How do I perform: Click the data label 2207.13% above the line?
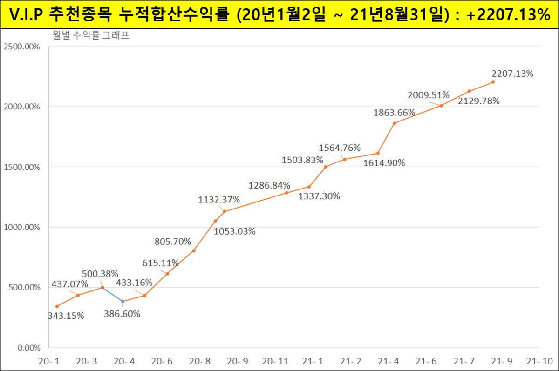click(512, 74)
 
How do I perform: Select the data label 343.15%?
click(66, 316)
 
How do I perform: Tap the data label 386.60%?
click(122, 314)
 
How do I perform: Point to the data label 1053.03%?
click(234, 231)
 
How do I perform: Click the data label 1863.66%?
click(394, 112)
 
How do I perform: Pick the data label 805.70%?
click(173, 241)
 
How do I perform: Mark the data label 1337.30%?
click(319, 196)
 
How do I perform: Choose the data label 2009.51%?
click(429, 95)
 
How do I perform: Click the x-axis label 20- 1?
click(49, 361)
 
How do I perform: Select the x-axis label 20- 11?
click(275, 361)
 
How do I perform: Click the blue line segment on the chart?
click(112, 295)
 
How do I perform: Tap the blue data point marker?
click(123, 301)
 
